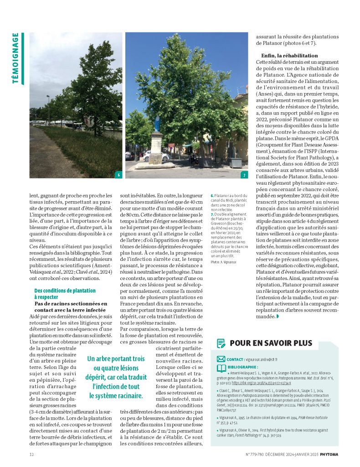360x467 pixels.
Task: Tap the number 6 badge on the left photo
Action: (118, 175)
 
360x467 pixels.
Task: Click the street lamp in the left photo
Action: (48, 109)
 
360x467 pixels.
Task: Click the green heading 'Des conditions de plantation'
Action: (65, 291)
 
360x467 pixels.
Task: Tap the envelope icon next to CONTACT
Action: (221, 359)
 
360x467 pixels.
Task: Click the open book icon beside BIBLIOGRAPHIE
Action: (221, 368)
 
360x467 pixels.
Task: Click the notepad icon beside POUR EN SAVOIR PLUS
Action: (221, 343)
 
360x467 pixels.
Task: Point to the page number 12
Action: (31, 454)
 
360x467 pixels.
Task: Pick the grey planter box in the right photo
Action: (236, 162)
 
